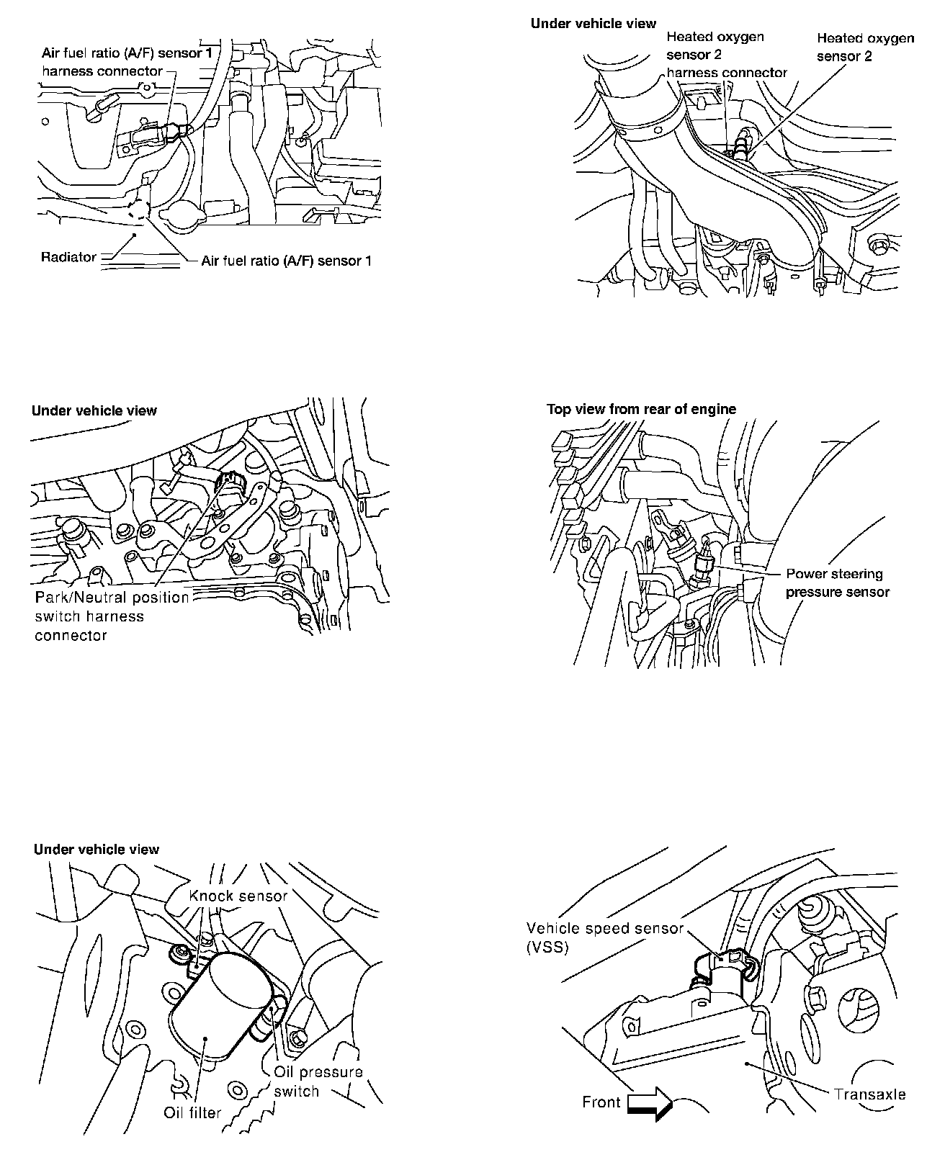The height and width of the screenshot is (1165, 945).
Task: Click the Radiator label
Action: point(68,257)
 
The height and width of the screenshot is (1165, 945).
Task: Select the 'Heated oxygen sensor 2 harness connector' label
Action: point(726,55)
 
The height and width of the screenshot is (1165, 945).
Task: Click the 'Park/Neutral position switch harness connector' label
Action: point(112,616)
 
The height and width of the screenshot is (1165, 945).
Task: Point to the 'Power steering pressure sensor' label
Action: point(837,582)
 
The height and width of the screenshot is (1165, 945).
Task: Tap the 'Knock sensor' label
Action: point(238,896)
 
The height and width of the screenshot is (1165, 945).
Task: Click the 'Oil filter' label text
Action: point(192,1112)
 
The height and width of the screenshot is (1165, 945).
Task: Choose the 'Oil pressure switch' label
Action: point(318,1081)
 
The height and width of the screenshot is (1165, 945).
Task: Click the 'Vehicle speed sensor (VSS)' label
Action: point(604,937)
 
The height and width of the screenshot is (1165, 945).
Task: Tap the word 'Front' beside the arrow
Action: point(601,1102)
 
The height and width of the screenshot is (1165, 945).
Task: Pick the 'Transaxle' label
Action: point(869,1094)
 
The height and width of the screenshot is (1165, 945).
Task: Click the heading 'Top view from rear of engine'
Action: point(641,409)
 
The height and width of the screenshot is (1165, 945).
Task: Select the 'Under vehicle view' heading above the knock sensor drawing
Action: point(97,849)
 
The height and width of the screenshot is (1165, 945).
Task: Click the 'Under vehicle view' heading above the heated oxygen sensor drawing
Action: point(594,23)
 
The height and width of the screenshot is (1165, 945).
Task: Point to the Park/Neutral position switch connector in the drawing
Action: point(232,480)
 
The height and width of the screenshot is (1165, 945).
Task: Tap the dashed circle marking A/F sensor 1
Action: point(138,210)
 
